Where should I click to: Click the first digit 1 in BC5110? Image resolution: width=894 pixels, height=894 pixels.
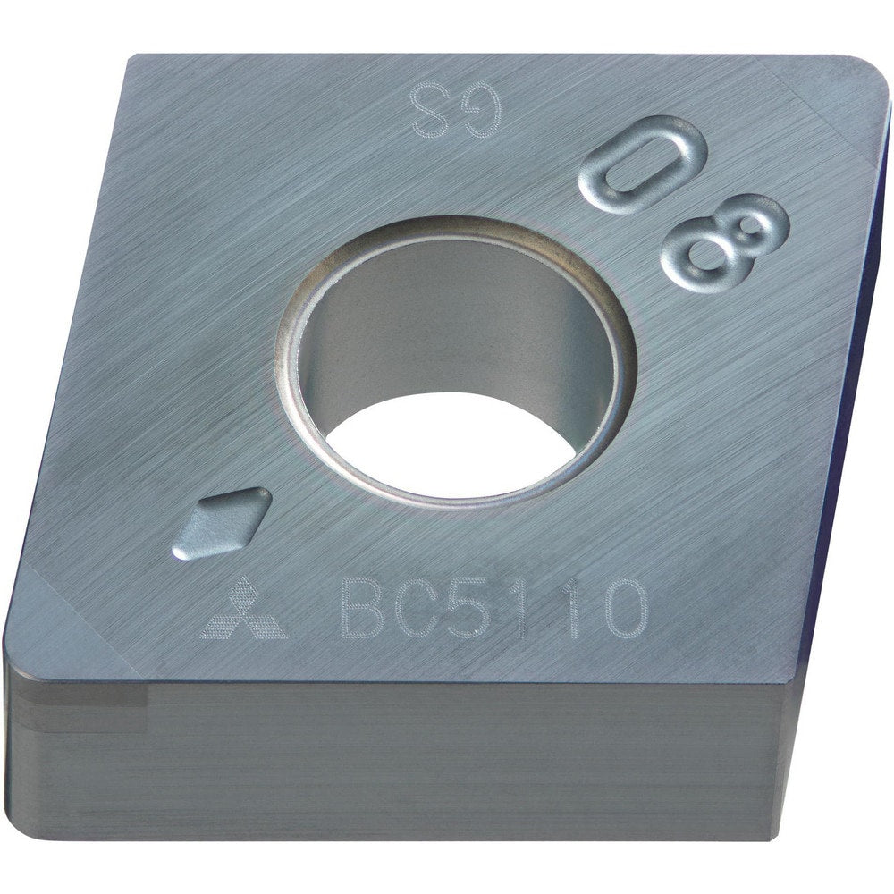pos(524,608)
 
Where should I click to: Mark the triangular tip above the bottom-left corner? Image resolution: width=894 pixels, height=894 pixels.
pos(54,617)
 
